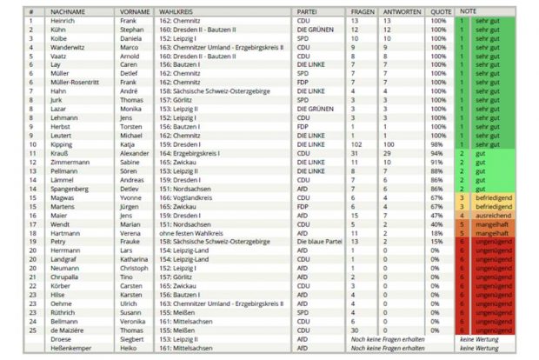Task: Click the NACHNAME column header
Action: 66,11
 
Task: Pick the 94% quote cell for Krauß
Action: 438,153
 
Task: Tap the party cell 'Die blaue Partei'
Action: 320,241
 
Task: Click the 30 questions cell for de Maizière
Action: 354,330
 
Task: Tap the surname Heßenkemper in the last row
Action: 75,348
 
